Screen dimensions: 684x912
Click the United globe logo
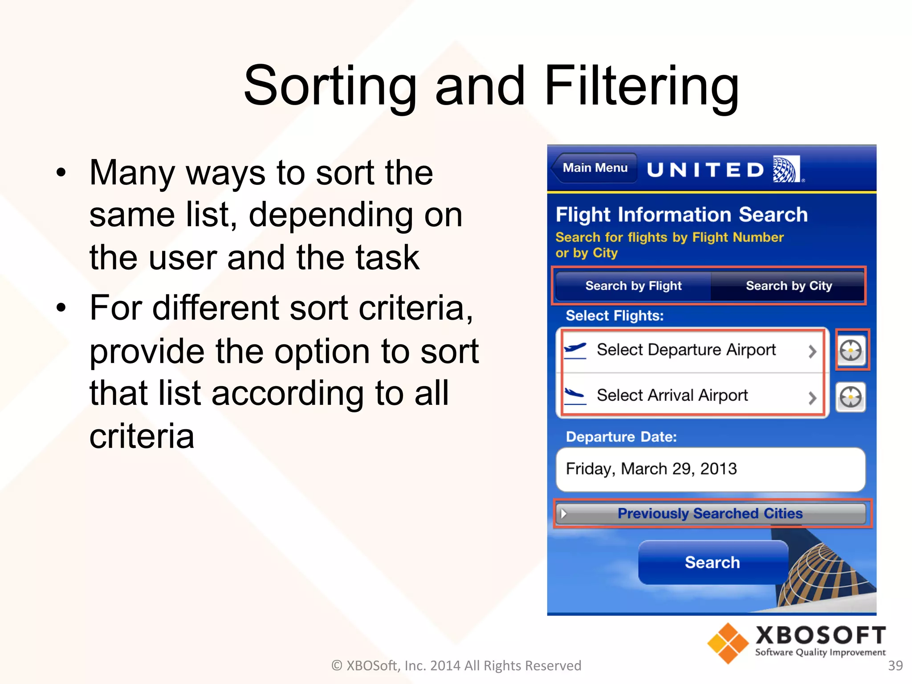[786, 169]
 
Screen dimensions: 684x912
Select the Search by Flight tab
[633, 285]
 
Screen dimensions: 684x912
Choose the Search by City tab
[788, 285]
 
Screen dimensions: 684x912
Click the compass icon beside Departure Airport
[851, 350]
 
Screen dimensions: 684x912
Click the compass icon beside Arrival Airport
[851, 397]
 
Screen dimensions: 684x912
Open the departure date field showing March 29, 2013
[710, 469]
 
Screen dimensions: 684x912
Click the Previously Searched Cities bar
[710, 513]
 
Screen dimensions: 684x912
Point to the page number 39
[895, 665]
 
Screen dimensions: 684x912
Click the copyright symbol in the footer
[337, 665]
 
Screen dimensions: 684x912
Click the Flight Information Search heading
[681, 215]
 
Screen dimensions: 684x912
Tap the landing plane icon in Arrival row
[575, 395]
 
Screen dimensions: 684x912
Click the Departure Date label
[621, 436]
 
